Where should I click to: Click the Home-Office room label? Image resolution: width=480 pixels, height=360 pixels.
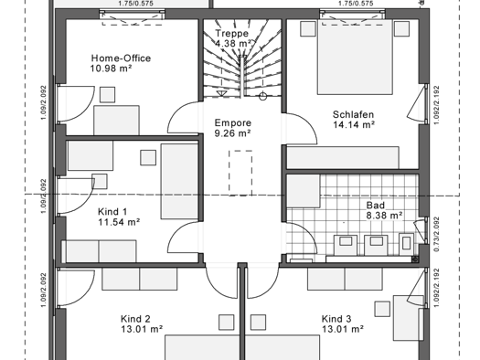point(121,58)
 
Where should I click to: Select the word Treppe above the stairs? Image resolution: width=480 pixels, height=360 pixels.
point(231,34)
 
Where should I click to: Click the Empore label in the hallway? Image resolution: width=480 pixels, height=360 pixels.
point(232,122)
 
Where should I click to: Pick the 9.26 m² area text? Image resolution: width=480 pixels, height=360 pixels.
point(232,132)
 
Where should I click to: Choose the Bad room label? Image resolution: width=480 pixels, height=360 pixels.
point(375,206)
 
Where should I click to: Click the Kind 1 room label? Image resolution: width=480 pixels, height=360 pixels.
point(113,211)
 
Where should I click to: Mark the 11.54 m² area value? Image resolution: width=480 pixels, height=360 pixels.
point(119,222)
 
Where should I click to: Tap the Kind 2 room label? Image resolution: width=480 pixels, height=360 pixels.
point(135,320)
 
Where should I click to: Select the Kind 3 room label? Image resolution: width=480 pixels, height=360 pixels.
point(336,320)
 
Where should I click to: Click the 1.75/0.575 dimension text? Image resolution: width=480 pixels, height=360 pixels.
point(135,4)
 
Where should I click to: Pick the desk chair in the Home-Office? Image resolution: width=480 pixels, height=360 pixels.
point(108,94)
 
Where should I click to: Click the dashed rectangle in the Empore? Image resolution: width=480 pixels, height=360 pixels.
point(240,173)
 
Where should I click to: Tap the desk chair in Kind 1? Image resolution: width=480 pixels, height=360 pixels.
point(148,157)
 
